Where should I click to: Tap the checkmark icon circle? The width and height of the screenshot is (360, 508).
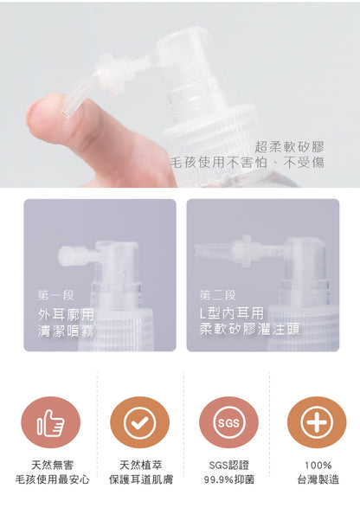click(x=139, y=421)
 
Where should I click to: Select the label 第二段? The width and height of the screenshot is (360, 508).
click(x=217, y=295)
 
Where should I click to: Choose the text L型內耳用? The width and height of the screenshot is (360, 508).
click(x=231, y=312)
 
